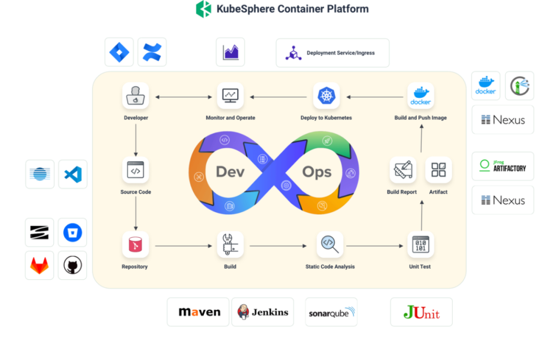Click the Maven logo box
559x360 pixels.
[198, 312]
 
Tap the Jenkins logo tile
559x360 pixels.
[263, 312]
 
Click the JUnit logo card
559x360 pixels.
[421, 312]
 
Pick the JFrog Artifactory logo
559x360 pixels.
[503, 166]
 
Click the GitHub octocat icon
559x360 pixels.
[72, 265]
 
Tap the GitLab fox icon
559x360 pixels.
[39, 265]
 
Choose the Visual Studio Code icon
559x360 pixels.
[72, 174]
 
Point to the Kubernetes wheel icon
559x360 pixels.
[326, 96]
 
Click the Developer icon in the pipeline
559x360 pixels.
[136, 96]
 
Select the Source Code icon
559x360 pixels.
[136, 170]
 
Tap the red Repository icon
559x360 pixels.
[136, 245]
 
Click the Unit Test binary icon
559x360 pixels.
[420, 245]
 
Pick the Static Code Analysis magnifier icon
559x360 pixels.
[330, 244]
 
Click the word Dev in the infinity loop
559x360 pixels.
[230, 172]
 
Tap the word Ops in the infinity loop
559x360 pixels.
[317, 172]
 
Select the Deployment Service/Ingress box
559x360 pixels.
[332, 53]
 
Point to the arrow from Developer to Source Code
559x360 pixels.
[136, 140]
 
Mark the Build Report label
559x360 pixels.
[402, 192]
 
